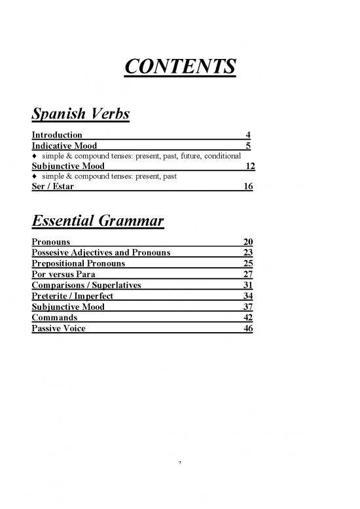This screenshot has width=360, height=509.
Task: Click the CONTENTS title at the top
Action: pos(180,67)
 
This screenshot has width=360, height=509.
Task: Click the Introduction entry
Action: pos(57,136)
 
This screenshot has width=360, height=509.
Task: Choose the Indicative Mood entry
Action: pos(64,145)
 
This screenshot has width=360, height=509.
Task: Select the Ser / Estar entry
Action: pos(52,186)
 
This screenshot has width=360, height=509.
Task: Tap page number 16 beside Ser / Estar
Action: pos(248,186)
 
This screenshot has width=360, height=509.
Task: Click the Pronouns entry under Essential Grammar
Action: pos(51,242)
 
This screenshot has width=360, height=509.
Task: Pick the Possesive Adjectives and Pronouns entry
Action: pos(101,253)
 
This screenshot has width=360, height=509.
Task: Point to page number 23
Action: pos(247,253)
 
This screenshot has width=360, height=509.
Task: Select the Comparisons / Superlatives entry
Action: pos(86,284)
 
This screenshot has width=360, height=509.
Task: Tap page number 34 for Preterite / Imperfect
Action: pos(247,295)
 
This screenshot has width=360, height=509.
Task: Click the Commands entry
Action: pos(54,316)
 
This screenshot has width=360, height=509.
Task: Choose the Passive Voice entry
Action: pos(58,328)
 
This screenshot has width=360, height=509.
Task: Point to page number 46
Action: pos(247,328)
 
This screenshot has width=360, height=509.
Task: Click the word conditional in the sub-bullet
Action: pos(227,156)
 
